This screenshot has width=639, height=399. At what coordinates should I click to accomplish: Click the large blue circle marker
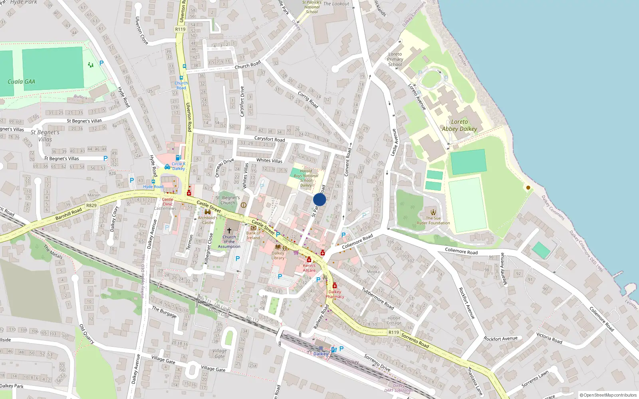point(319,199)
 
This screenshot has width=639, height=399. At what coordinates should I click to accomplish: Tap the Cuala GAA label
point(22,82)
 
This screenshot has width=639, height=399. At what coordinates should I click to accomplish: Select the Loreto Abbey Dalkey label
point(459,125)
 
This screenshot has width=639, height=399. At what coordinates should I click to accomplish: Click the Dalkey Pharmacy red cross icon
point(335,286)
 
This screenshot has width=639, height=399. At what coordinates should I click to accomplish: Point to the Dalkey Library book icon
point(278,247)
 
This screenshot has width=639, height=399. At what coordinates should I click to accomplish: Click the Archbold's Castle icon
point(208,212)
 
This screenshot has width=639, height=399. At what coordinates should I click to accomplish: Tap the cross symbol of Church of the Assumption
point(229,230)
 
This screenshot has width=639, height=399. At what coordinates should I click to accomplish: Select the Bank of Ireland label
point(253,235)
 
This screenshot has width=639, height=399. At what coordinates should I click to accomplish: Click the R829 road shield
point(91,205)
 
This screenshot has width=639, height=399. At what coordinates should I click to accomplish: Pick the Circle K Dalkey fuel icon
point(178,158)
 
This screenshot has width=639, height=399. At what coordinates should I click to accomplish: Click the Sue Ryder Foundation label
point(433,221)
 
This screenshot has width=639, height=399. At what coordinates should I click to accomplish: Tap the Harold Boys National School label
point(306,178)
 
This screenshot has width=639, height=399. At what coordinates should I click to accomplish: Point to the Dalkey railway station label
point(321,354)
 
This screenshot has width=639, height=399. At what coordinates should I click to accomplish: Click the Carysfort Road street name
point(270,139)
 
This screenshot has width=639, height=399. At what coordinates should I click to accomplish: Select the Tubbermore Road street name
point(378,298)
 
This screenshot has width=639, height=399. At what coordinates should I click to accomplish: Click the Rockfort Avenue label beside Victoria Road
point(500,339)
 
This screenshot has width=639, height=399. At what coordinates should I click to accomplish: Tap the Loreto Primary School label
point(395,59)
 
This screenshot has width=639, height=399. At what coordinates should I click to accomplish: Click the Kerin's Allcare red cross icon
point(309,260)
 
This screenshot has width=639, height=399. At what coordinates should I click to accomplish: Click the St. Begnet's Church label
point(228,200)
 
